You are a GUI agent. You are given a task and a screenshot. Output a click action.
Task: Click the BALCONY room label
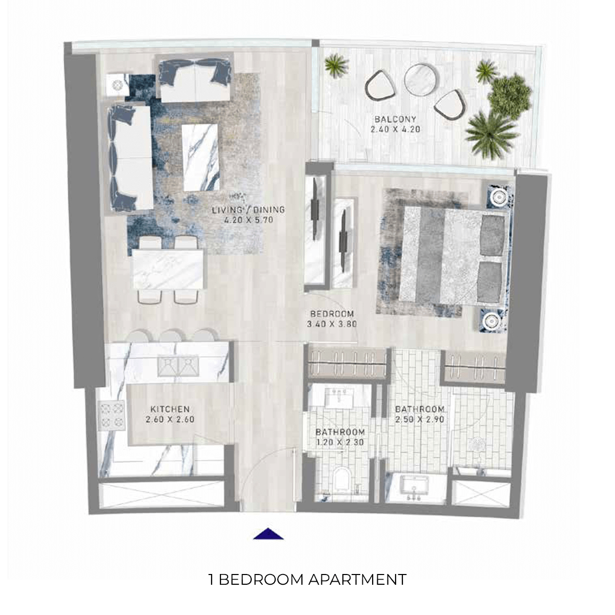click(395, 119)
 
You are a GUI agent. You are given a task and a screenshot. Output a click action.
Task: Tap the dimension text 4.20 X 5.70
click(249, 220)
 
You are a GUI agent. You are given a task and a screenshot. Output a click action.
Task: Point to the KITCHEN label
click(170, 409)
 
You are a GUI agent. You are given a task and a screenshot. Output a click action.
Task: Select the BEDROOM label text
click(332, 314)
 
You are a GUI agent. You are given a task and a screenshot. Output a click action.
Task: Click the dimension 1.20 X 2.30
click(340, 443)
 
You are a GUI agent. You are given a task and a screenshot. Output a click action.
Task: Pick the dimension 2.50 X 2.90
click(419, 419)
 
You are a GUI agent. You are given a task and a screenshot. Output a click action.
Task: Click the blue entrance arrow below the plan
click(269, 534)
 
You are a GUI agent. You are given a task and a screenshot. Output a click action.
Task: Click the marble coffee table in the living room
click(200, 157)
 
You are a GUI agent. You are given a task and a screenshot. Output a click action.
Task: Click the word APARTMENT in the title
click(357, 580)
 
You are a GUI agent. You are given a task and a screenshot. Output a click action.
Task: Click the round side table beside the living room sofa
click(116, 85)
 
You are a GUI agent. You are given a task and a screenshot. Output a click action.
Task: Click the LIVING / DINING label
click(249, 210)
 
